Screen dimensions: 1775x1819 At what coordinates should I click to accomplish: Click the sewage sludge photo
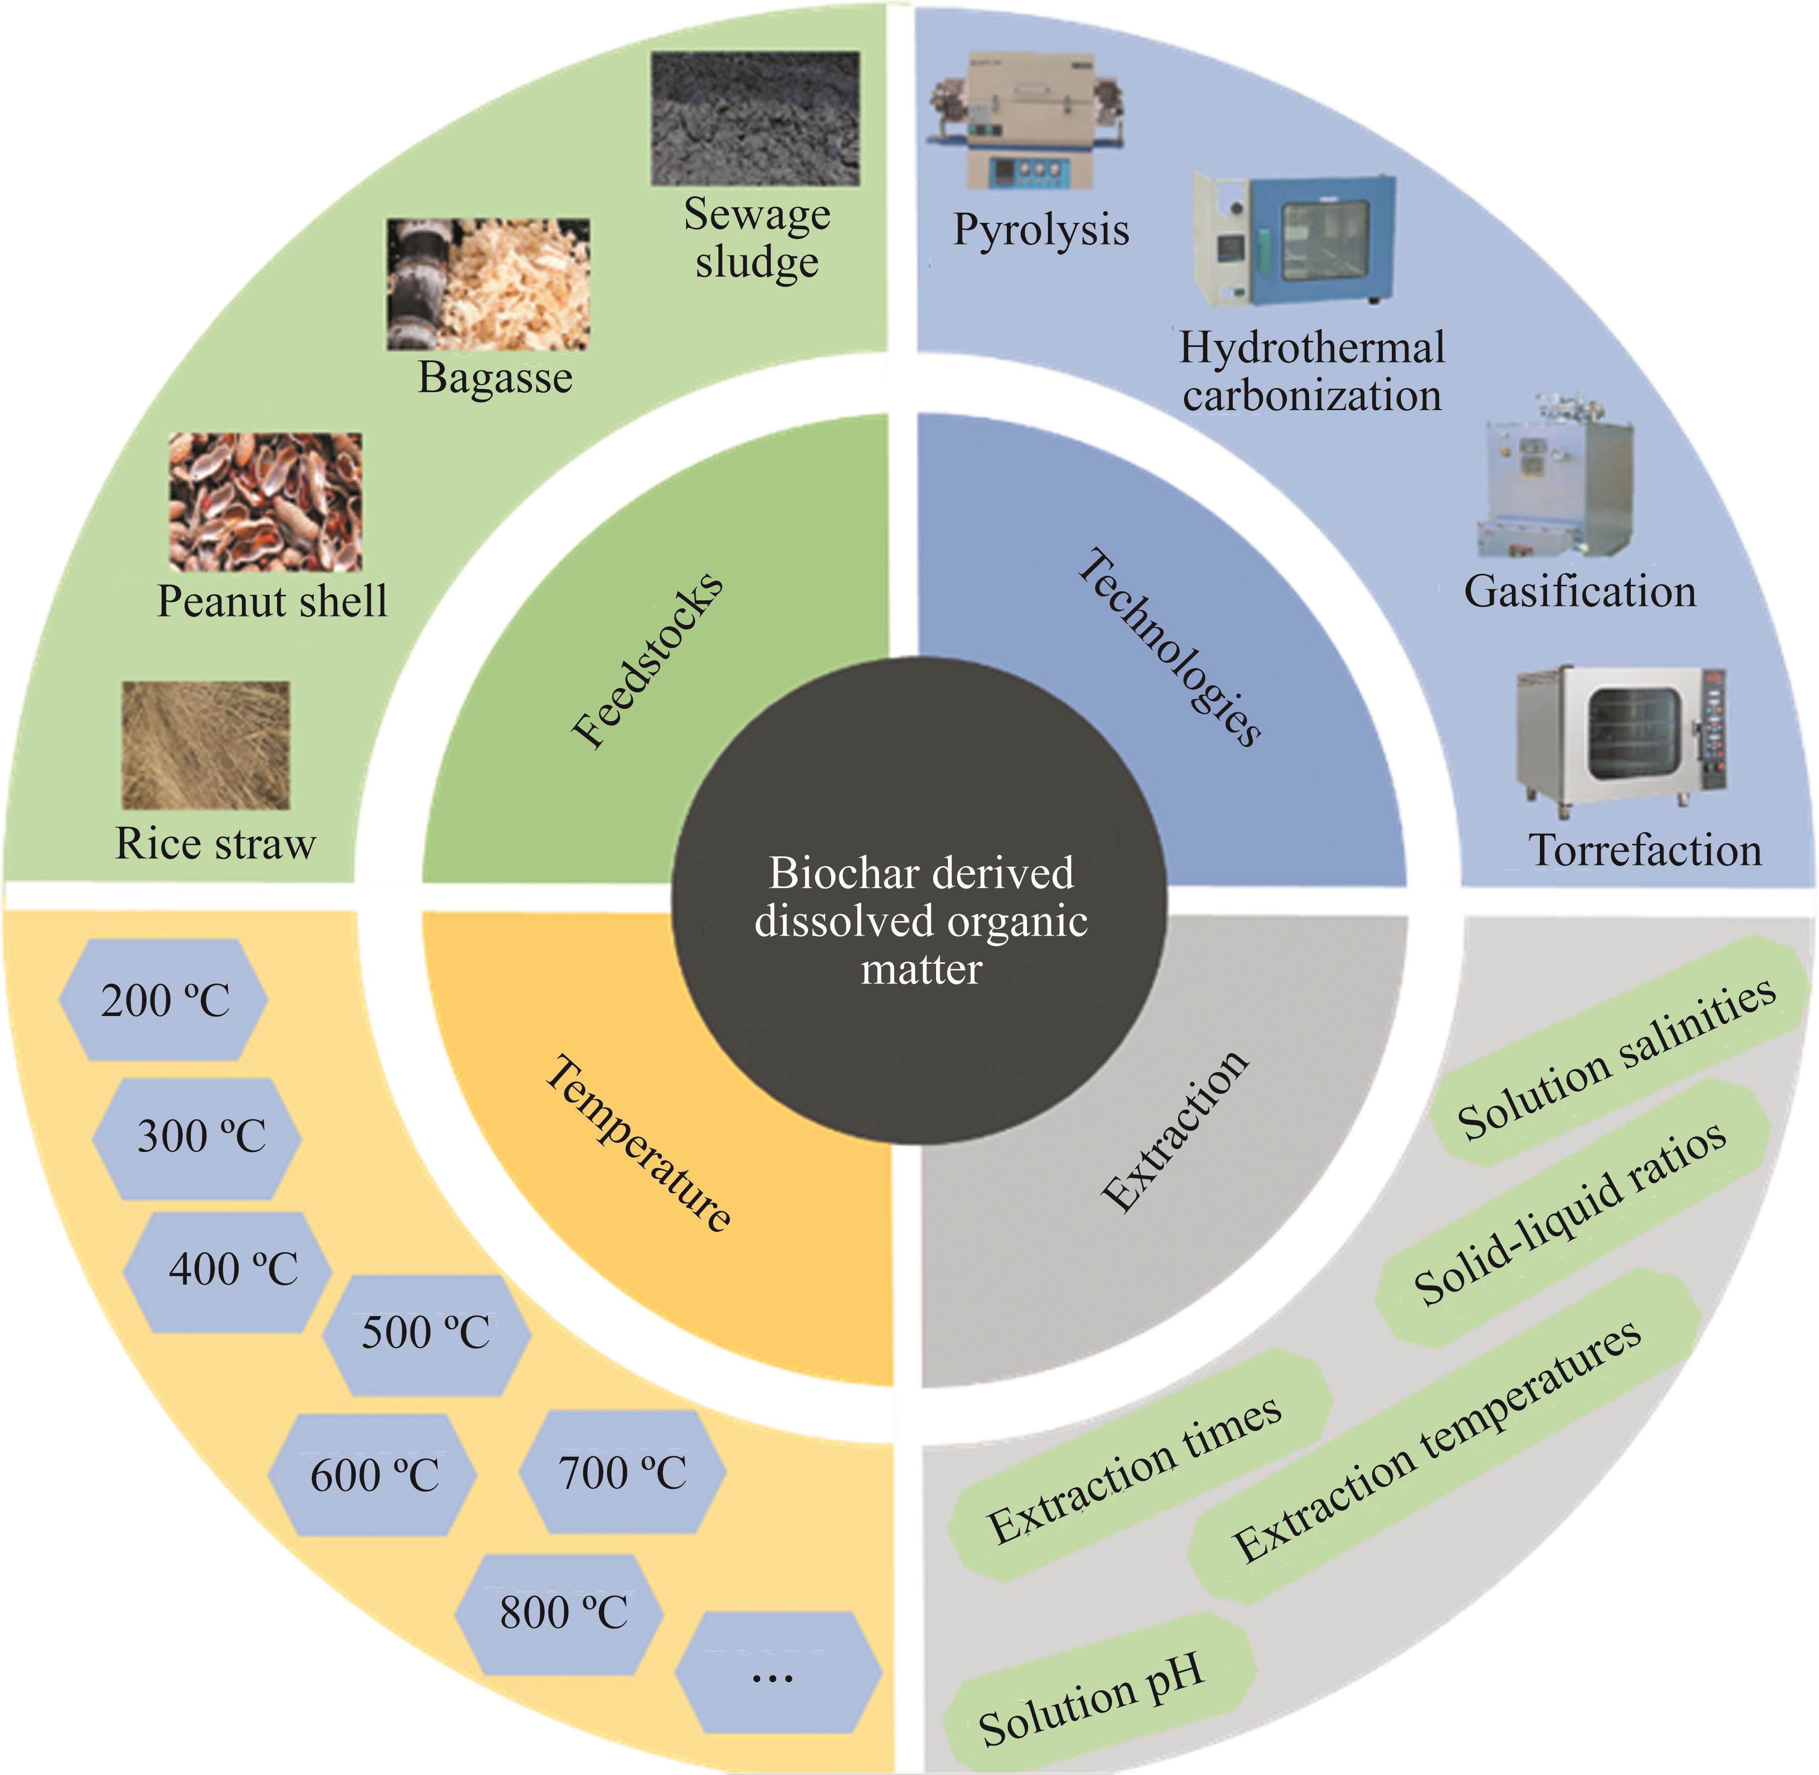pyautogui.click(x=755, y=118)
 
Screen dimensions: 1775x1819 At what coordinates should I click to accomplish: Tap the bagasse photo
pyautogui.click(x=488, y=284)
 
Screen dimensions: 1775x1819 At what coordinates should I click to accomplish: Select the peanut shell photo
pyautogui.click(x=266, y=501)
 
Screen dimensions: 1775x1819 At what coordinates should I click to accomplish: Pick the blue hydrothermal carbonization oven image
pyautogui.click(x=1296, y=239)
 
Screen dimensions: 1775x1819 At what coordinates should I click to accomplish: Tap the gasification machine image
pyautogui.click(x=1555, y=479)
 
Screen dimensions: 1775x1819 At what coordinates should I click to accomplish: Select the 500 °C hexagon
pyautogui.click(x=426, y=1333)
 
